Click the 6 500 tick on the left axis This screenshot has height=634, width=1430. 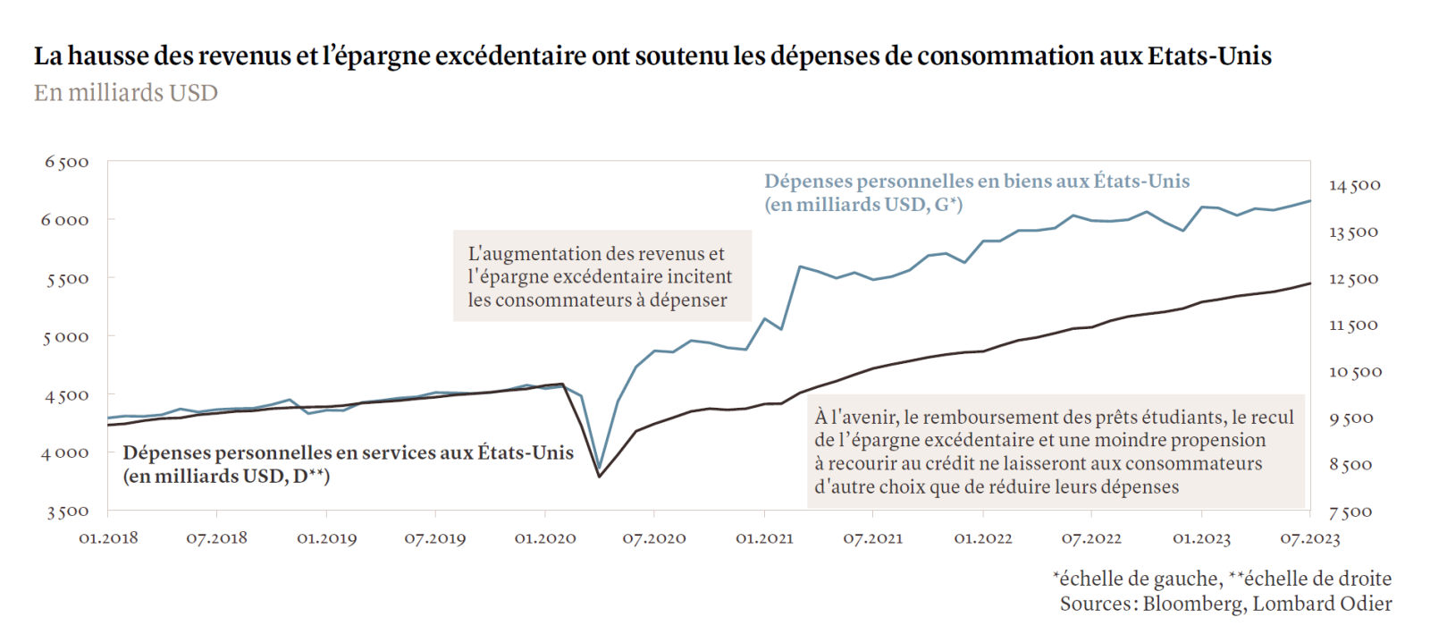(67, 162)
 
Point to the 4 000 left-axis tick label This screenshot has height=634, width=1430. (65, 453)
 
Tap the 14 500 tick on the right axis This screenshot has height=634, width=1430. (1354, 185)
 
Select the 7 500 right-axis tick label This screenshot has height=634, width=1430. (1350, 511)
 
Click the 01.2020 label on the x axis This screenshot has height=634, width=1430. (545, 538)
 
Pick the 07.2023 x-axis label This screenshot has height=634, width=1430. (1310, 538)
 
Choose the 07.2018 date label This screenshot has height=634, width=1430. (216, 538)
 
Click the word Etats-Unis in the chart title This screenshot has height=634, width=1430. (1209, 55)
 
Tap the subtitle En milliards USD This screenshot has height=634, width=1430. (126, 93)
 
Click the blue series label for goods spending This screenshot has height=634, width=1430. (976, 192)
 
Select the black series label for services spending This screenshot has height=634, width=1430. (348, 464)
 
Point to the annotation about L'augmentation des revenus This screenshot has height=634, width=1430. (601, 276)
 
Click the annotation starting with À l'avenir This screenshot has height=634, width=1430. (1054, 452)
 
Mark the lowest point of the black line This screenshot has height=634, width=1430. (600, 476)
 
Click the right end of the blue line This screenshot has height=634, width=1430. (1310, 201)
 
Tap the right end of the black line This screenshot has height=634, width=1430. (1310, 283)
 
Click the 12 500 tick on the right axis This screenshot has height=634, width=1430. (1353, 278)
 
